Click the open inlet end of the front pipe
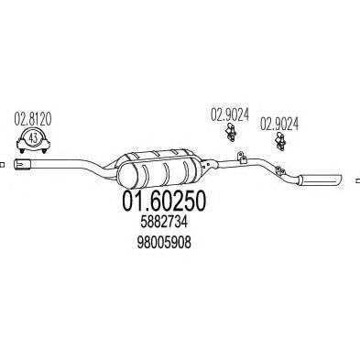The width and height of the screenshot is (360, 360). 25,166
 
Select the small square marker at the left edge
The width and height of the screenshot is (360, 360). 3,166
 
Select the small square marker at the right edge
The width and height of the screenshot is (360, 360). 355,175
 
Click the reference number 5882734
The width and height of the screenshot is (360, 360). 158,224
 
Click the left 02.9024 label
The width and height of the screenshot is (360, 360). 229,115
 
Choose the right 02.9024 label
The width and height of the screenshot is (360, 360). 278,121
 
